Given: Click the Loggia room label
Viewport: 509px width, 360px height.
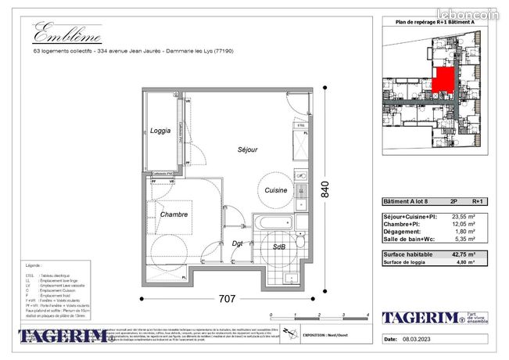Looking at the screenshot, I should click(161, 131).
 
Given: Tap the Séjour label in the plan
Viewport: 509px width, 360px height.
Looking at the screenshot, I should click(248, 149).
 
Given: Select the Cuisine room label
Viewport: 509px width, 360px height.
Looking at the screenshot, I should click(275, 190).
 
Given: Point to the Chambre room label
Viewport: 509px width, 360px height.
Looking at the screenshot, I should click(173, 214).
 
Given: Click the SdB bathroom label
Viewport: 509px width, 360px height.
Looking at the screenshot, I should click(278, 247).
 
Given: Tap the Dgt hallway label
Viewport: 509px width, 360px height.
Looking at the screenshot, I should click(238, 243).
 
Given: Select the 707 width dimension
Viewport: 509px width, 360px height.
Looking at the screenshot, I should click(227, 298).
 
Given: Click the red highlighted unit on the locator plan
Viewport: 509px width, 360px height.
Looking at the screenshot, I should click(443, 80).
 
